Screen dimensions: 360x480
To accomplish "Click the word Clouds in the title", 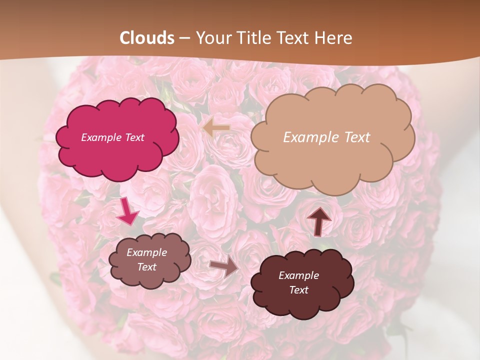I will point(147,38).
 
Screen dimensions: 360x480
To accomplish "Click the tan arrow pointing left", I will point(216,128).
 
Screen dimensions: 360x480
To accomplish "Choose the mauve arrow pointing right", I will point(224,266).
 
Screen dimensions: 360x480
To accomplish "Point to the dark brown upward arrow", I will point(318,221).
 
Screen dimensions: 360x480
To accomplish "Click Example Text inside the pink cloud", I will point(112,137).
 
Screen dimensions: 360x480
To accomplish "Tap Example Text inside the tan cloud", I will point(326,137).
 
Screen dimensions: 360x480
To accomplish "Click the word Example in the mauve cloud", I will point(146,252).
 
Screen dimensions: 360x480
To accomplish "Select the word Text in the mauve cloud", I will point(146,267).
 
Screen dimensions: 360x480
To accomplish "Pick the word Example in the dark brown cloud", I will point(298,275).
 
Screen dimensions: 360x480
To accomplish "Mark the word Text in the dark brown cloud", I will point(298,290).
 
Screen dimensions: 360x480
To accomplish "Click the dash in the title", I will point(184,38).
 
